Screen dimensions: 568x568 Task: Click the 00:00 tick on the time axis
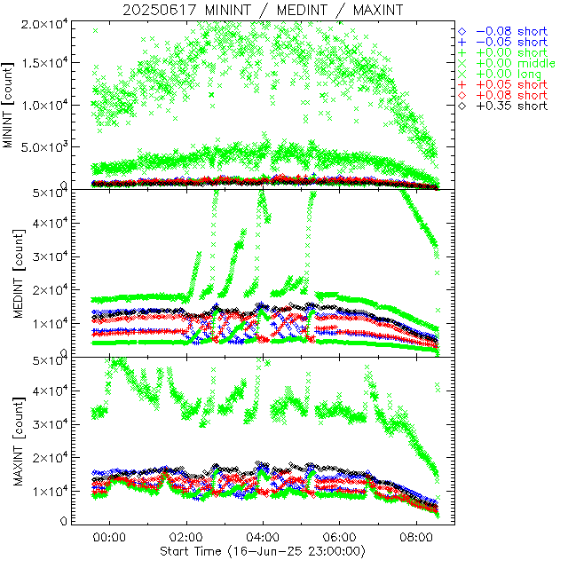coord(109,537)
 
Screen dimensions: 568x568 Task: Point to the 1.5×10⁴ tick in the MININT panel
coord(44,62)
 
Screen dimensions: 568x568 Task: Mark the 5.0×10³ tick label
coord(44,146)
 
